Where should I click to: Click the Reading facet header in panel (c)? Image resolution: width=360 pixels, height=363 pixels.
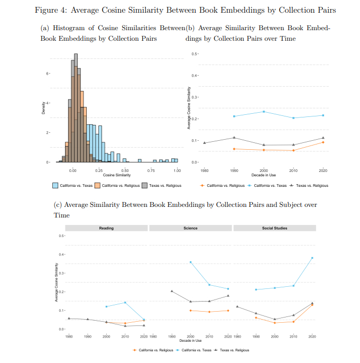click(106, 228)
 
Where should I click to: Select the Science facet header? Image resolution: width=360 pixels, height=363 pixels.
click(190, 228)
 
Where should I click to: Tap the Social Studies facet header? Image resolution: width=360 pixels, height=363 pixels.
click(274, 228)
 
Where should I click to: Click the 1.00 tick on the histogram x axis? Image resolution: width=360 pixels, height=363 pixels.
click(177, 170)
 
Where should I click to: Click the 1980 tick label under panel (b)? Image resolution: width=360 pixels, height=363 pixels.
click(204, 170)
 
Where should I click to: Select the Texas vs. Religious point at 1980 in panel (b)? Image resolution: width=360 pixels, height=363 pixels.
click(205, 143)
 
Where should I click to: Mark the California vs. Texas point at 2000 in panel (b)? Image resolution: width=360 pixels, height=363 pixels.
click(264, 112)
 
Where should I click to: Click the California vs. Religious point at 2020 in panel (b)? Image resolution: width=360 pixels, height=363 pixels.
click(323, 142)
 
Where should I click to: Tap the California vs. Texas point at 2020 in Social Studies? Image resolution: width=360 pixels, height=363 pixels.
click(312, 258)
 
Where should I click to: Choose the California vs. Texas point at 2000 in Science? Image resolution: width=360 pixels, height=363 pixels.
click(190, 262)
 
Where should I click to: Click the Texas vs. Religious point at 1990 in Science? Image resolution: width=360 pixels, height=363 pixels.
click(172, 291)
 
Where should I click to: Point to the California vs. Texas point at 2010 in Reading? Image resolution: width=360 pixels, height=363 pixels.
click(125, 303)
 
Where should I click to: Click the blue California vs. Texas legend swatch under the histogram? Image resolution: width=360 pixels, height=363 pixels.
click(55, 185)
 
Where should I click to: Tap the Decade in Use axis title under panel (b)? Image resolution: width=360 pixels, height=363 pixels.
click(264, 175)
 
